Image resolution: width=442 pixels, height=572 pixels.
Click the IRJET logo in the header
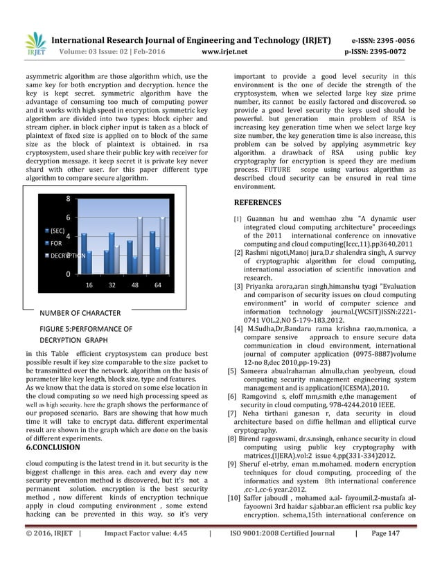(35, 43)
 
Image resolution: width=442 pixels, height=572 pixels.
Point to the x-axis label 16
(89, 285)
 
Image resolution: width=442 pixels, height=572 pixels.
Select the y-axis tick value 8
(68, 199)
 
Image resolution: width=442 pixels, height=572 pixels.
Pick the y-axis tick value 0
(68, 274)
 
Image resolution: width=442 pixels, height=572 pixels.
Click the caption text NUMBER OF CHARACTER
(80, 313)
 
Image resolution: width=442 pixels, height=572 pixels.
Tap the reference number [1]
(238, 220)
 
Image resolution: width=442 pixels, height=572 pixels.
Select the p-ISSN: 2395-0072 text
(380, 51)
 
